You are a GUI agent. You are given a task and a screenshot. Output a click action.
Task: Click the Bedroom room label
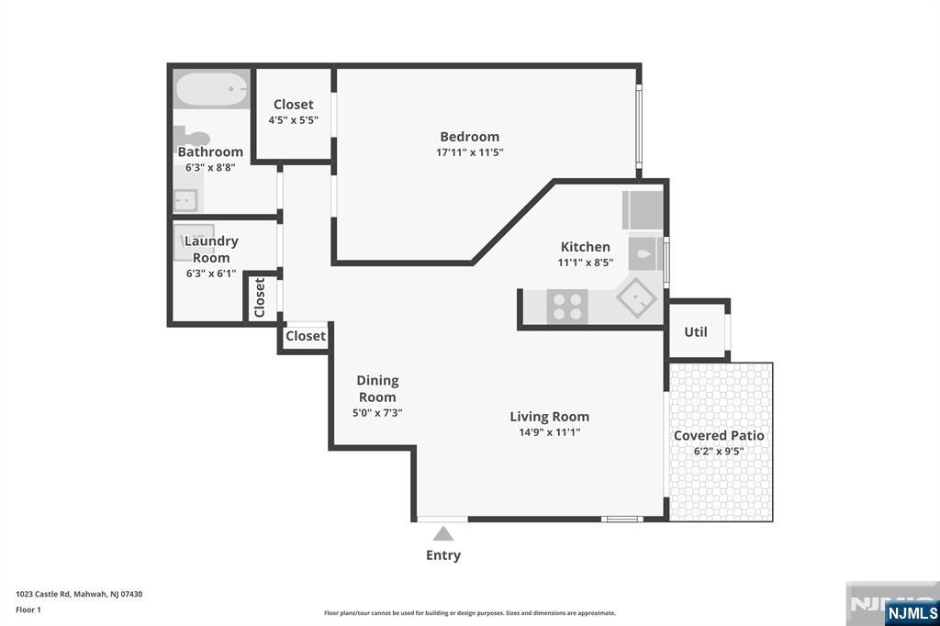click(x=469, y=137)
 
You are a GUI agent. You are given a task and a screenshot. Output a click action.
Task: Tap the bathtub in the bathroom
click(x=212, y=89)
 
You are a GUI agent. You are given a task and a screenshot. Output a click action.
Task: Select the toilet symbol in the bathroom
click(x=191, y=138)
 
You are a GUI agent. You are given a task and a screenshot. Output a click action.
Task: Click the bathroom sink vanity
click(x=185, y=200)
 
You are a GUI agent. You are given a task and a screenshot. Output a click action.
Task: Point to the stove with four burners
click(x=567, y=307)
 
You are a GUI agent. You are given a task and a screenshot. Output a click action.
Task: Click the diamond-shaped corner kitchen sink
click(x=636, y=297)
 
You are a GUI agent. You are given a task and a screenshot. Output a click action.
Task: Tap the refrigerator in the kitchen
click(x=643, y=210)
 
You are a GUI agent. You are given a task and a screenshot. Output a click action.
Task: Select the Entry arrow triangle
click(x=443, y=533)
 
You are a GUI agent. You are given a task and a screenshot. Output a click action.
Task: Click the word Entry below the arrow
click(x=443, y=555)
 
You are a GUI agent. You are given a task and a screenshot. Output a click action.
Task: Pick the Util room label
click(x=696, y=331)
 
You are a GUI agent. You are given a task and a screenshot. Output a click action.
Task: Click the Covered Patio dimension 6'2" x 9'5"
click(x=719, y=451)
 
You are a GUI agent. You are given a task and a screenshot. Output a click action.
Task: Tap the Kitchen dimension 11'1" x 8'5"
click(x=585, y=262)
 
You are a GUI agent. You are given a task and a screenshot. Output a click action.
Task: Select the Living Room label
click(x=549, y=416)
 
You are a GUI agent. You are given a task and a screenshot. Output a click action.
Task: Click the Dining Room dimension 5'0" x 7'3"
click(x=377, y=412)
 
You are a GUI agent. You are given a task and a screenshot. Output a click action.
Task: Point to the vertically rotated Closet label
click(x=260, y=297)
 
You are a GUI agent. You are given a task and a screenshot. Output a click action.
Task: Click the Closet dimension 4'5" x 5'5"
click(x=293, y=120)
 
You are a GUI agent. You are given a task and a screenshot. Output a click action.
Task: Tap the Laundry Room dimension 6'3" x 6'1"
click(x=211, y=274)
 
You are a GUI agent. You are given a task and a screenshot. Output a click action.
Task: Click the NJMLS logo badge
click(x=912, y=613)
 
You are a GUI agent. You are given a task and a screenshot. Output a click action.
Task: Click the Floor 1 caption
click(x=28, y=609)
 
